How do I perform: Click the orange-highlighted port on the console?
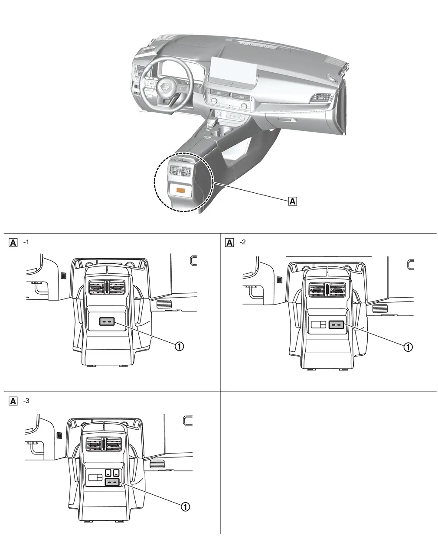tap(180, 190)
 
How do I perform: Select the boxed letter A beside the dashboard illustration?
tap(293, 201)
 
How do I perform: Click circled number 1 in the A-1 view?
tap(179, 345)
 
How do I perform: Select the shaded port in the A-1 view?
tap(107, 321)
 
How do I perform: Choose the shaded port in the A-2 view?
tap(337, 324)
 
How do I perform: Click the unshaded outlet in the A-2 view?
tap(319, 325)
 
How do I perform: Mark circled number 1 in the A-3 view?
tap(185, 506)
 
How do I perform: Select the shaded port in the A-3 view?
tap(112, 482)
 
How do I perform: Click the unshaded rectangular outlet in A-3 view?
tap(95, 477)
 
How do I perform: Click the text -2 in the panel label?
tap(243, 242)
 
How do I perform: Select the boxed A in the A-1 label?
tap(13, 242)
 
